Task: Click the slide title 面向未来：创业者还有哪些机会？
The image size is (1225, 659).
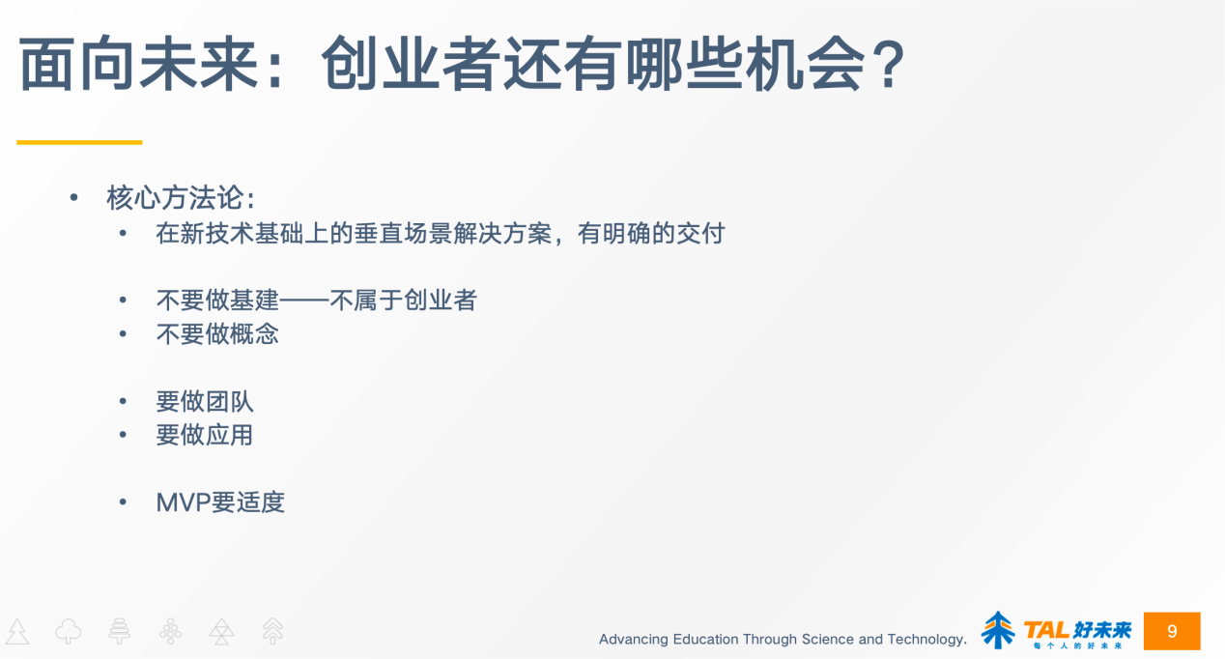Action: (462, 66)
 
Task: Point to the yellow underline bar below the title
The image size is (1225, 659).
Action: (79, 142)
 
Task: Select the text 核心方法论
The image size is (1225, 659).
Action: (175, 198)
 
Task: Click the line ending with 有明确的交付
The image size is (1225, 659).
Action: (440, 233)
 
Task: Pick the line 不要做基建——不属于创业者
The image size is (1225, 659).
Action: (316, 301)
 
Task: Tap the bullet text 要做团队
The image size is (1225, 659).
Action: (205, 401)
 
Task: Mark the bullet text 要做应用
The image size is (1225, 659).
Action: (205, 435)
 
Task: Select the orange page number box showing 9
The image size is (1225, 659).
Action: (1172, 631)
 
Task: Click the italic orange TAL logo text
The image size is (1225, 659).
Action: (1044, 629)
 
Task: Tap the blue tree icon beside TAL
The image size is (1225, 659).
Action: (998, 630)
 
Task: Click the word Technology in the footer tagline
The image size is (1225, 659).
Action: (926, 639)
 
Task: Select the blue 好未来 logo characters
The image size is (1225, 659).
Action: (1102, 628)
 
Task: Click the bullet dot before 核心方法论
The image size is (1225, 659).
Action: (73, 198)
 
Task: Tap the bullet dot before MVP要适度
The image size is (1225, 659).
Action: (123, 502)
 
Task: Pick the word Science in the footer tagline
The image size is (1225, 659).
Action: (827, 639)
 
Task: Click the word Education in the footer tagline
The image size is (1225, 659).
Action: (706, 639)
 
